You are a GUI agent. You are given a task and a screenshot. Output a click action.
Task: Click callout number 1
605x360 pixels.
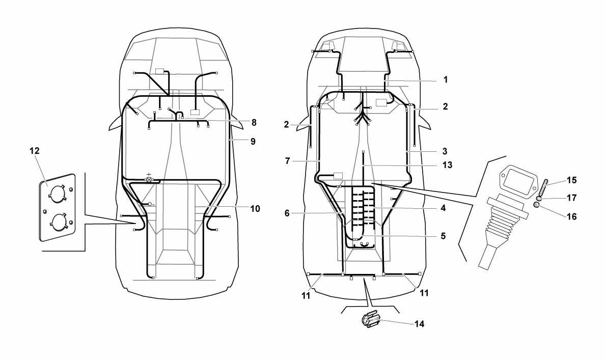click(446, 80)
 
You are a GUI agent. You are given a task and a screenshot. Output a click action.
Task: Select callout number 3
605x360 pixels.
click(445, 151)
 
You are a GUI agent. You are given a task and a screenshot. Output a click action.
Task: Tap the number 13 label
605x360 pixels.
click(447, 165)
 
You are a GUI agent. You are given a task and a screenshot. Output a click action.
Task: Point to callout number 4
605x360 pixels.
click(443, 208)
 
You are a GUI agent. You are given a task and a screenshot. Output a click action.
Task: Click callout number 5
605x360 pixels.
click(443, 236)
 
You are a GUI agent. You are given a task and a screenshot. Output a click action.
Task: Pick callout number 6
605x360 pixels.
click(287, 213)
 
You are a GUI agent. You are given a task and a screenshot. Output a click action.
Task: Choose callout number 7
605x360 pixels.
click(287, 161)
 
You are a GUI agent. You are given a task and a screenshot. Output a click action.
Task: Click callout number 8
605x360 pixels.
click(254, 123)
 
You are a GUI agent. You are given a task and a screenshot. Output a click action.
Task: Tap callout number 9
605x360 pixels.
click(253, 142)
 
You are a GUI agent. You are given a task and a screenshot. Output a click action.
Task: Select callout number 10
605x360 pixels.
click(255, 209)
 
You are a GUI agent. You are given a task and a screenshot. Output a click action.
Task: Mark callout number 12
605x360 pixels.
click(35, 151)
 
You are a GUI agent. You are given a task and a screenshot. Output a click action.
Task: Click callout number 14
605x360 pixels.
click(420, 324)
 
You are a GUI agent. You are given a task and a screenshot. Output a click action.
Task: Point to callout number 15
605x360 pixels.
click(571, 180)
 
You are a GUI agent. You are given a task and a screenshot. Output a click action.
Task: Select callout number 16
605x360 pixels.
click(572, 217)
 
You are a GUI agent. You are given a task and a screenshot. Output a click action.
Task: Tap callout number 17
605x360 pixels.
click(571, 198)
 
